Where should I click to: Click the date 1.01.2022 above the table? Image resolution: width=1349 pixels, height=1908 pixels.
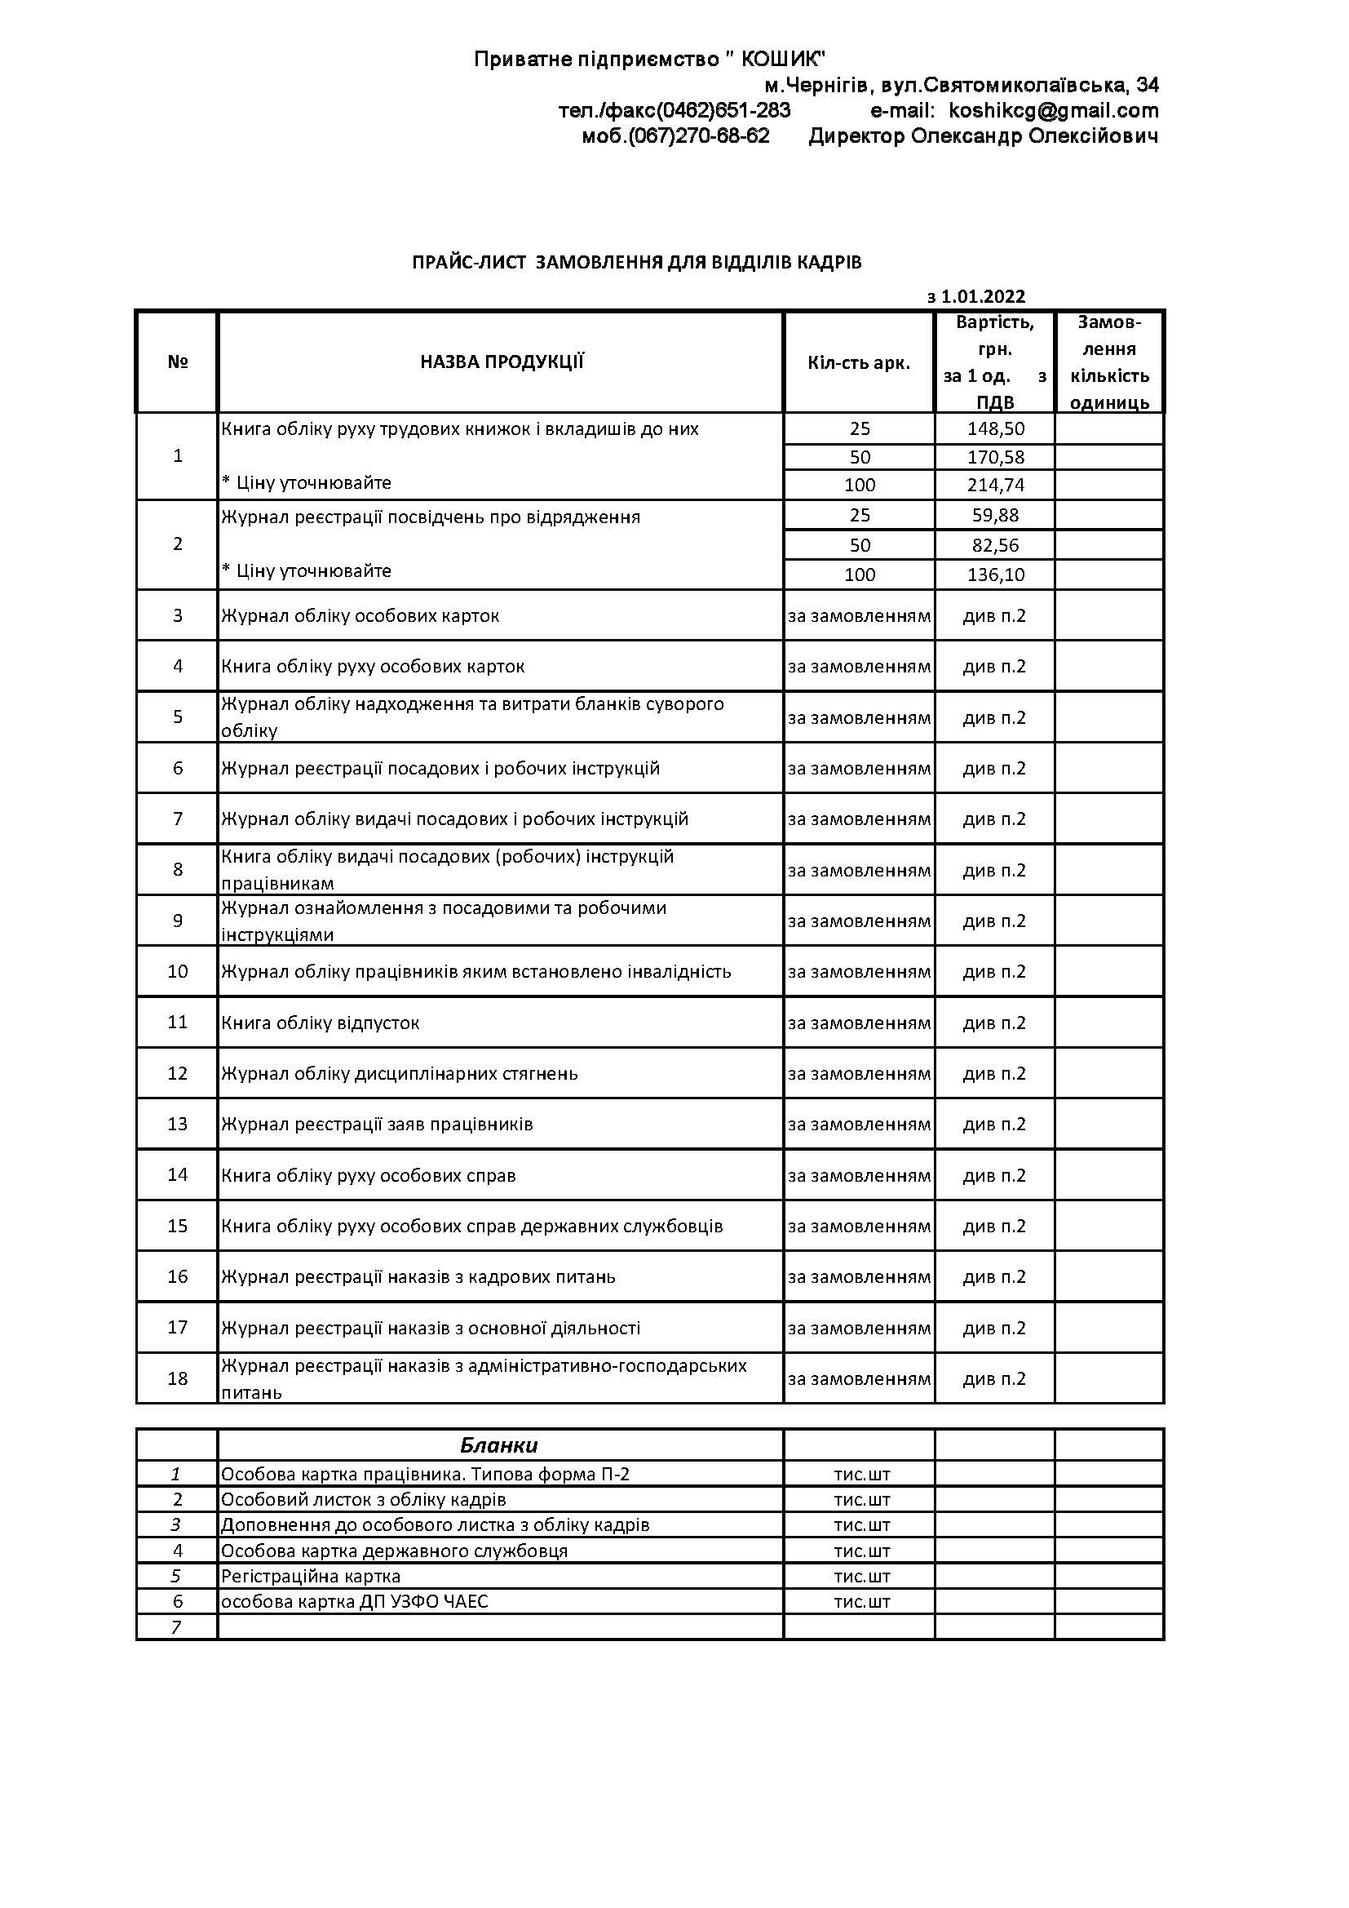coord(983,297)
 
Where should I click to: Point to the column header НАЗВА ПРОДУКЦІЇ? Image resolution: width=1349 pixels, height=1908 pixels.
coord(502,362)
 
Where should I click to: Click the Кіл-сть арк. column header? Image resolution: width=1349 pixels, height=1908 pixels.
coord(859,362)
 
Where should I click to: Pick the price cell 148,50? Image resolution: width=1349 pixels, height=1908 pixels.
coord(995,428)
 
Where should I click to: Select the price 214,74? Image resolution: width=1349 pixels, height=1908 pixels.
coord(995,485)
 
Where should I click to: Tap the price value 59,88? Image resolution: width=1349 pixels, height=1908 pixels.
coord(995,515)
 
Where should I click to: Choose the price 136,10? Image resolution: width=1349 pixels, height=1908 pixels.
coord(995,575)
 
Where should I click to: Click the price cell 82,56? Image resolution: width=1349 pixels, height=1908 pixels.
coord(995,545)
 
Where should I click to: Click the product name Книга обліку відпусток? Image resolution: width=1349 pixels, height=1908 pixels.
coord(320,1023)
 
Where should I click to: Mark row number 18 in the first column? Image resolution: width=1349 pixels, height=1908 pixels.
coord(178,1378)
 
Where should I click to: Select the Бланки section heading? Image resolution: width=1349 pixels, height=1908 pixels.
coord(499,1445)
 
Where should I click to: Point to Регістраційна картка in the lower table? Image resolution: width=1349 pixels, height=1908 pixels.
coord(311,1577)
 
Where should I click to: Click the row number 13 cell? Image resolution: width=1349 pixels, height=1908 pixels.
coord(178,1125)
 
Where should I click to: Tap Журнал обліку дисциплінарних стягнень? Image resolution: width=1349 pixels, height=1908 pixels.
coord(399,1074)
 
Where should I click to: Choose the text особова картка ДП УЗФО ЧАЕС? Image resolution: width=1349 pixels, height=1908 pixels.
coord(355,1601)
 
